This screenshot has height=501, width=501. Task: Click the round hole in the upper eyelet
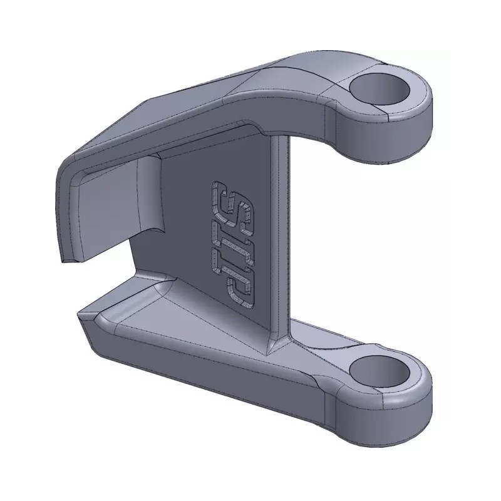click(x=380, y=90)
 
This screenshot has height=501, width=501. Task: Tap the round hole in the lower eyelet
click(x=380, y=371)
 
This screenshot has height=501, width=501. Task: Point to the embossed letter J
click(x=239, y=286)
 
